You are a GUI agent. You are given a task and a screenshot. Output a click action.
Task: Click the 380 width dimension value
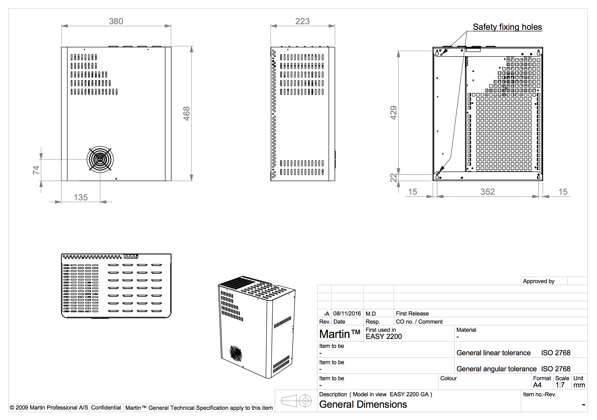pyautogui.click(x=116, y=21)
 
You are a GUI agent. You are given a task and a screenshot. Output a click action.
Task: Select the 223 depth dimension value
pyautogui.click(x=302, y=21)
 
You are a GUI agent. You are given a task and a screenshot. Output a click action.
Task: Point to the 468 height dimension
pyautogui.click(x=186, y=114)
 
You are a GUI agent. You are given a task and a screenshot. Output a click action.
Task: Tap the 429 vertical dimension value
pyautogui.click(x=393, y=113)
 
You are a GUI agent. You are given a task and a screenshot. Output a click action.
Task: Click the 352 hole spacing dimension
pyautogui.click(x=488, y=192)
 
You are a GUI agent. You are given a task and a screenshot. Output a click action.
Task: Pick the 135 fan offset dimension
pyautogui.click(x=81, y=197)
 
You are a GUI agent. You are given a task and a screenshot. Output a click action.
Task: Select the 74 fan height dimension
pyautogui.click(x=36, y=170)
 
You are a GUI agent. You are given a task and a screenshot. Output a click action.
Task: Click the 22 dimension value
pyautogui.click(x=394, y=178)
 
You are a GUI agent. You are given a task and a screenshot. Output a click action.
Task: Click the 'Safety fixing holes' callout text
pyautogui.click(x=507, y=27)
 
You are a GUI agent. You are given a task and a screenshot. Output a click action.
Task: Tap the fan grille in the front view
pyautogui.click(x=100, y=159)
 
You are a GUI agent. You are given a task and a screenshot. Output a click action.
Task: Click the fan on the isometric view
pyautogui.click(x=236, y=353)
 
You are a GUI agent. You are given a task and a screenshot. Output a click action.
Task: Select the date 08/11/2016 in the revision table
pyautogui.click(x=347, y=313)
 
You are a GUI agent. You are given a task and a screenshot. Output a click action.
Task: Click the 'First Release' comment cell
pyautogui.click(x=412, y=313)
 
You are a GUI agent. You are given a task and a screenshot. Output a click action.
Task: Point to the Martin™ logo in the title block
pyautogui.click(x=340, y=334)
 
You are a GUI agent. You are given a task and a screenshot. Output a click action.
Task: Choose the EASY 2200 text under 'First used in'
pyautogui.click(x=384, y=337)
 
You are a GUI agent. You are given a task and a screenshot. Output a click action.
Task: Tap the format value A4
pyautogui.click(x=537, y=385)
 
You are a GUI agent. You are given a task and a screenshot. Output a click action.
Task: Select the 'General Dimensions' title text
pyautogui.click(x=363, y=404)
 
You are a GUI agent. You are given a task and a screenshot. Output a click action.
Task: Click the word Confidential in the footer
pyautogui.click(x=106, y=408)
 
